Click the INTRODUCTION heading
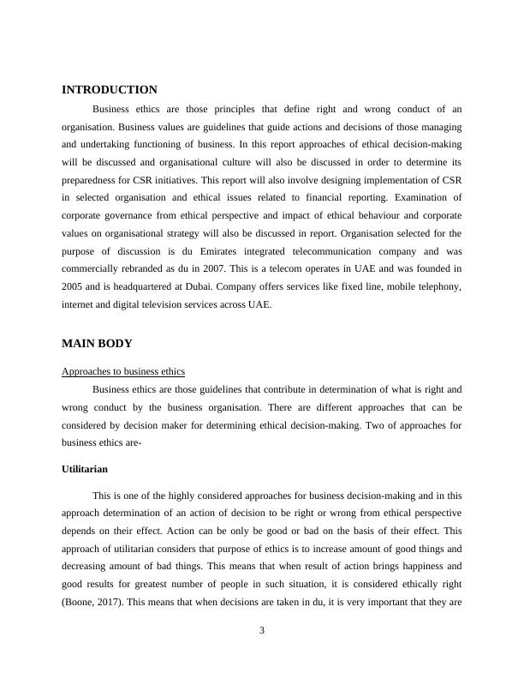(110, 89)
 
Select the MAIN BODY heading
(97, 343)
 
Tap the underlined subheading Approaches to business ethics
(123, 371)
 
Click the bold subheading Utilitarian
(85, 470)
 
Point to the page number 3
(262, 631)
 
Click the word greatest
(165, 585)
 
